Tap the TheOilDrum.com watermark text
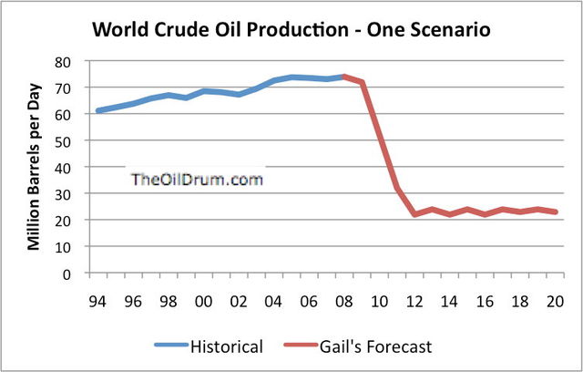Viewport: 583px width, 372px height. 197,180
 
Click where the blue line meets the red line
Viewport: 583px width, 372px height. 344,77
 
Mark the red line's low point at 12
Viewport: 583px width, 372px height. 414,215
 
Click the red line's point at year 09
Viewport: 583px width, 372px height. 362,82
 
